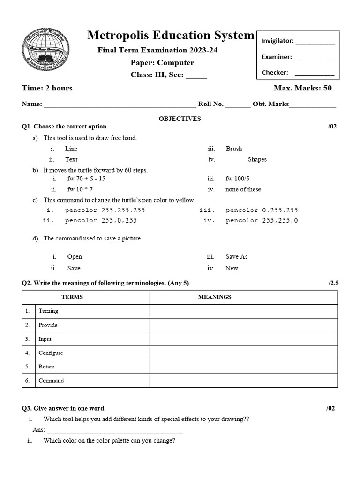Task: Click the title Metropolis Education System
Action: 171,35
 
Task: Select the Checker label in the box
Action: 275,73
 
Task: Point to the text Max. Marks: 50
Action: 302,88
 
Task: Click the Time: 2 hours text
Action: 47,88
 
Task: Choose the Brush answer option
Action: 234,149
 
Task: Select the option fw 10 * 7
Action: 80,189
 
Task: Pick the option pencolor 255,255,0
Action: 262,220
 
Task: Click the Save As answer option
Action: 236,256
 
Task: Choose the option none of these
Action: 243,189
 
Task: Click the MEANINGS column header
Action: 215,297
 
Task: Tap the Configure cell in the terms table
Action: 51,353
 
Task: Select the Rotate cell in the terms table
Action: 46,367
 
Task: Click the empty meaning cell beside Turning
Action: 243,311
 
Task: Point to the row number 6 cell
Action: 28,381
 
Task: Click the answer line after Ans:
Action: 115,430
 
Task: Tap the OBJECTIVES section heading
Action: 180,119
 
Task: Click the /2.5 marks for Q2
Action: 332,283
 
